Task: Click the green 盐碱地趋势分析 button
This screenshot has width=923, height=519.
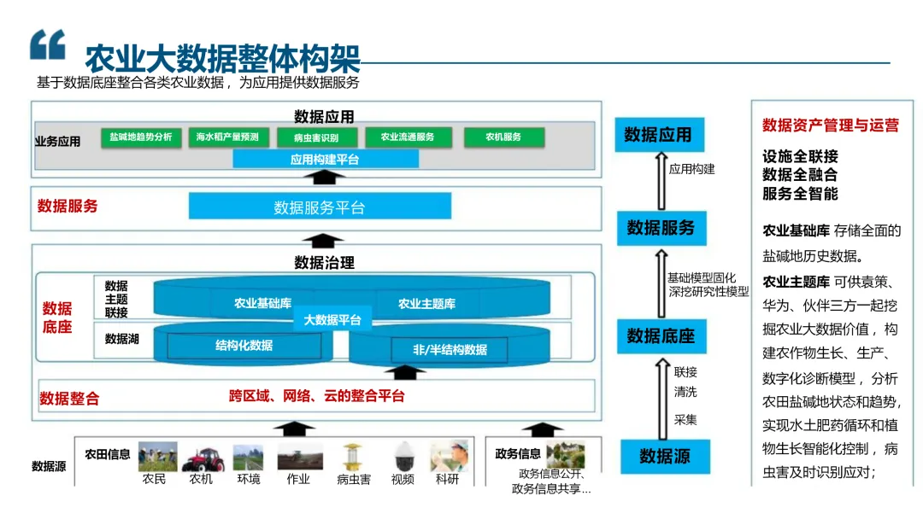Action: tap(141, 137)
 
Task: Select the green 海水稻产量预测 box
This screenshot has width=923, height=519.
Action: tap(226, 137)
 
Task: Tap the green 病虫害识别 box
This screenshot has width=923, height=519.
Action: tap(315, 137)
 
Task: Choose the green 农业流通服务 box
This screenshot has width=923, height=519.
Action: tap(408, 137)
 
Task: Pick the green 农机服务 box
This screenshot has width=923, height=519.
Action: tap(503, 137)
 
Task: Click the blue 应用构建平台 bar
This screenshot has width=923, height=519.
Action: tap(325, 159)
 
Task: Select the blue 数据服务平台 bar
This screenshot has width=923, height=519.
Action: tap(320, 207)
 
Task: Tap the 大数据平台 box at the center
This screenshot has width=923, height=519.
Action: tap(332, 320)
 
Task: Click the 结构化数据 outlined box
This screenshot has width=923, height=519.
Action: tap(244, 346)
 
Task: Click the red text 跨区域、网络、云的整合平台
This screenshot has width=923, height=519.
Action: tap(316, 396)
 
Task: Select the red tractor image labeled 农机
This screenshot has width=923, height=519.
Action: tap(203, 458)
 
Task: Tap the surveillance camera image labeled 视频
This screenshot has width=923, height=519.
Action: tap(403, 458)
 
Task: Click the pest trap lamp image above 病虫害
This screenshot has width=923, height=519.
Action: tap(352, 458)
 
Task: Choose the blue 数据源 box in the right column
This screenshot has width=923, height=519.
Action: tap(664, 457)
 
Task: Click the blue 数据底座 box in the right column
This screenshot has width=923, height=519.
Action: tap(661, 335)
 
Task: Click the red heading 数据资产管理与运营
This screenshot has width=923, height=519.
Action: tap(830, 125)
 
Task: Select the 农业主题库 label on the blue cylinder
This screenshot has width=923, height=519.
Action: tap(426, 303)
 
